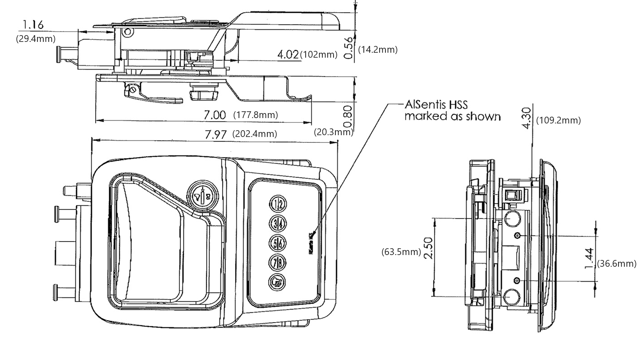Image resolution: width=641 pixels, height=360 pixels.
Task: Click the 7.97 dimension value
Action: [x=215, y=135]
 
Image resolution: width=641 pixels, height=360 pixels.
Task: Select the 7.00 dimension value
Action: [x=215, y=115]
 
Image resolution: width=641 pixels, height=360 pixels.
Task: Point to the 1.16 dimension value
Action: [x=33, y=25]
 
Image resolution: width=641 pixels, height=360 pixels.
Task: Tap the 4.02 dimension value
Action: [x=288, y=55]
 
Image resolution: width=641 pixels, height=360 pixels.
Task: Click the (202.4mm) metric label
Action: [x=254, y=134]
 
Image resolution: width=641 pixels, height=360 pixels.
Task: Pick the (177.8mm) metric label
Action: [x=256, y=115]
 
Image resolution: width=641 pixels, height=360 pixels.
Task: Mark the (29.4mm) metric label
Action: [x=36, y=39]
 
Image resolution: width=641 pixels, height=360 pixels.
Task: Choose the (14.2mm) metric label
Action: [x=378, y=50]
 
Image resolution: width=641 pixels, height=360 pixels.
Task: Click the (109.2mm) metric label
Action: [x=558, y=120]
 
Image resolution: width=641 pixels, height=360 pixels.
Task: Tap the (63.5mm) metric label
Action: [x=401, y=251]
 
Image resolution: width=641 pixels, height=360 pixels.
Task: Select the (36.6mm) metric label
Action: [x=616, y=264]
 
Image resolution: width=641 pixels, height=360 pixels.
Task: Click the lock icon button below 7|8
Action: [x=278, y=282]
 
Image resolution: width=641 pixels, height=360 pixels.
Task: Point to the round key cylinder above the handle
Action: [x=202, y=195]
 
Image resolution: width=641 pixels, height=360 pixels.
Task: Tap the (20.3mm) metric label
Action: [x=333, y=132]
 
